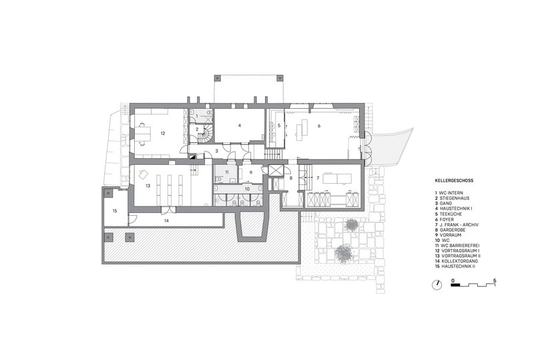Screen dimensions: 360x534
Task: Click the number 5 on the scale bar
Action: (x=495, y=280)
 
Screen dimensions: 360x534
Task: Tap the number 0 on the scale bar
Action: (x=453, y=280)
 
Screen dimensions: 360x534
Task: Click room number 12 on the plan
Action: (x=162, y=133)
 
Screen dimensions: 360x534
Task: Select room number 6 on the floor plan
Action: (x=319, y=126)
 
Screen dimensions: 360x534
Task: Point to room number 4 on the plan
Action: (x=238, y=125)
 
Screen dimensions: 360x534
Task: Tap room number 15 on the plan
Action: (x=114, y=211)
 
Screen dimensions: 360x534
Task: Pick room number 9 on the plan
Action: (x=251, y=172)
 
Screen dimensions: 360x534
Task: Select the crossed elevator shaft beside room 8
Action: (x=272, y=182)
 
